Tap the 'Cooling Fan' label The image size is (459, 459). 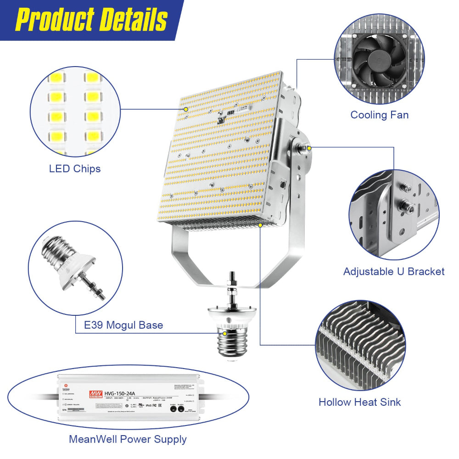coord(379,115)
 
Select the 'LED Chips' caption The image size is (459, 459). coord(75,169)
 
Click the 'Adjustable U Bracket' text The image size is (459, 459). coord(394,272)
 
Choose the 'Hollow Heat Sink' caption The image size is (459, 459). coord(359,403)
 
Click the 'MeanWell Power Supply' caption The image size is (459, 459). coord(128,439)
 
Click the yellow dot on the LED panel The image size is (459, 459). coord(185,110)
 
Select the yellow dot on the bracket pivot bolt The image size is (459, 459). coord(309,148)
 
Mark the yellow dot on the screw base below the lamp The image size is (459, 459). coord(224,334)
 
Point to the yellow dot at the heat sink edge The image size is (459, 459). coord(260,225)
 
